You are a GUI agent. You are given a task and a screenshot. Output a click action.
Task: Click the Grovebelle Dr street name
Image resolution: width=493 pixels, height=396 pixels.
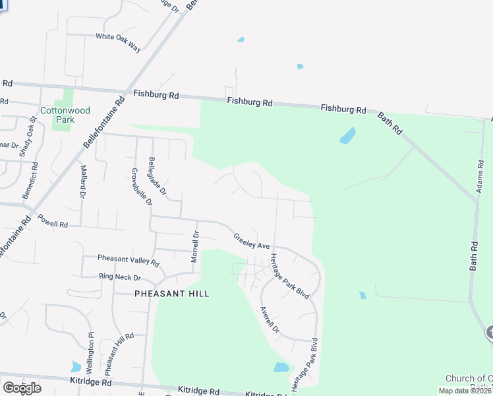coord(140,187)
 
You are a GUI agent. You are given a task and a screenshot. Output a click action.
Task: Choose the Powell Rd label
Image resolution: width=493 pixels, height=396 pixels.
coord(53,222)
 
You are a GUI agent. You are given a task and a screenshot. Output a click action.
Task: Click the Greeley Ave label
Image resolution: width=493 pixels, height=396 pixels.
coord(252,241)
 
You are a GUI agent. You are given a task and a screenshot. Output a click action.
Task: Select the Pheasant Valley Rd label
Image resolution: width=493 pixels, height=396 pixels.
coord(129,260)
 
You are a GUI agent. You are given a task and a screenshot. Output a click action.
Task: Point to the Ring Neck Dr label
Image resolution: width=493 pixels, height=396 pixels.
coord(120,277)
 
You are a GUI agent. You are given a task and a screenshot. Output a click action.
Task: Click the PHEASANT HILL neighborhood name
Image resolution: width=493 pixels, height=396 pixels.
coord(172,294)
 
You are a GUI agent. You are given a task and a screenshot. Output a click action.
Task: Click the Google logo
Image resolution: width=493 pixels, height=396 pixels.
coord(22,387)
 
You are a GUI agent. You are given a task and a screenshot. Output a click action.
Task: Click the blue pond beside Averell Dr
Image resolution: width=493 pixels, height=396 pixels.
coord(281,368)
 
